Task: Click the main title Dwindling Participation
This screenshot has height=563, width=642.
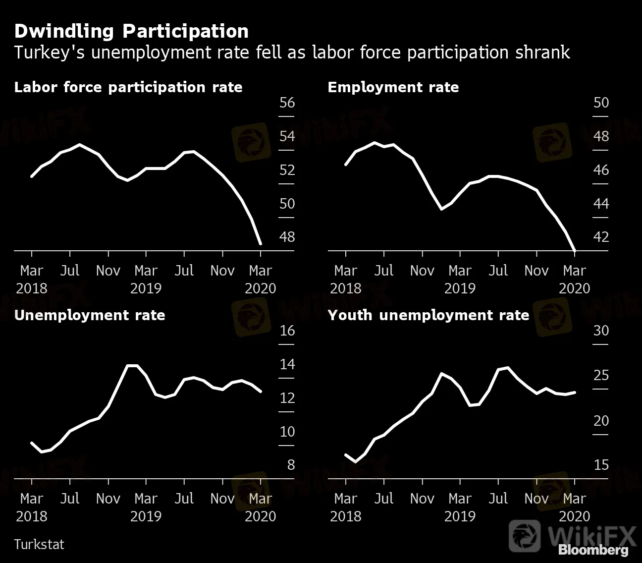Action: [131, 31]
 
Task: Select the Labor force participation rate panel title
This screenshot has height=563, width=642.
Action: [128, 87]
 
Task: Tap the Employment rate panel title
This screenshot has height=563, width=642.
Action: [393, 87]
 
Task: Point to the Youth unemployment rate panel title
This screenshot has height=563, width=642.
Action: [428, 315]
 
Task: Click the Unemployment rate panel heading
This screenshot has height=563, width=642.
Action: [90, 315]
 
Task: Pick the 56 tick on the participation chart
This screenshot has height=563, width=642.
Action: [287, 103]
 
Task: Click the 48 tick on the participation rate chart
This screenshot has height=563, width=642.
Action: [287, 237]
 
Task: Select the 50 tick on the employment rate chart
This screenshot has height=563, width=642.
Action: [601, 103]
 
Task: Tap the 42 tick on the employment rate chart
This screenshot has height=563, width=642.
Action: [601, 237]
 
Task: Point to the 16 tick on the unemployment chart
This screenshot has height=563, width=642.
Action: [287, 331]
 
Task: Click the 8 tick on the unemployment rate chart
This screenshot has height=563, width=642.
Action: [290, 465]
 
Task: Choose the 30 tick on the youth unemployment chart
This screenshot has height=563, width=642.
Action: [601, 331]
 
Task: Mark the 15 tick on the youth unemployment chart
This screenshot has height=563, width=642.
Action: [601, 465]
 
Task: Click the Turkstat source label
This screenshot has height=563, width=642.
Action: [39, 544]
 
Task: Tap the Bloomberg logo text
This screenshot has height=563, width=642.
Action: [593, 550]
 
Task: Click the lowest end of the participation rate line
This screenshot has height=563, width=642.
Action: [261, 243]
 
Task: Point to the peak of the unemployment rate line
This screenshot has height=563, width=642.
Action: [132, 366]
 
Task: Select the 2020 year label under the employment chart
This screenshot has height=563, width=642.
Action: [575, 288]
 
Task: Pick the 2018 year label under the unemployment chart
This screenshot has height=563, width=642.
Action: [32, 516]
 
